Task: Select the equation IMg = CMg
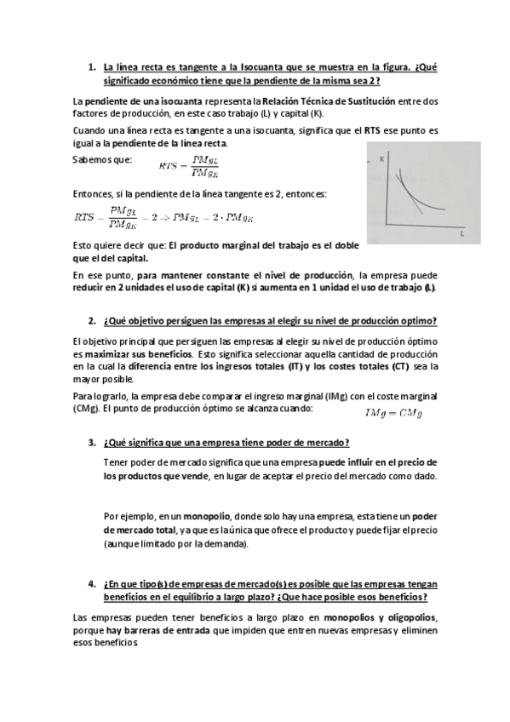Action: point(393,414)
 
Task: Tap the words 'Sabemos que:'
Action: point(102,159)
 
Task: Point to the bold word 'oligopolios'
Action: point(408,616)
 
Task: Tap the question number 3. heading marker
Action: point(92,443)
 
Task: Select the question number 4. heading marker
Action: point(92,584)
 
